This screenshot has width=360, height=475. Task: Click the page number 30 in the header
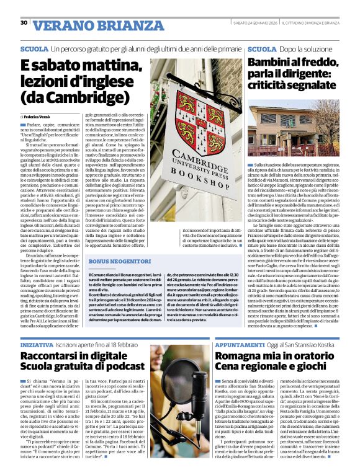(x=24, y=23)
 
